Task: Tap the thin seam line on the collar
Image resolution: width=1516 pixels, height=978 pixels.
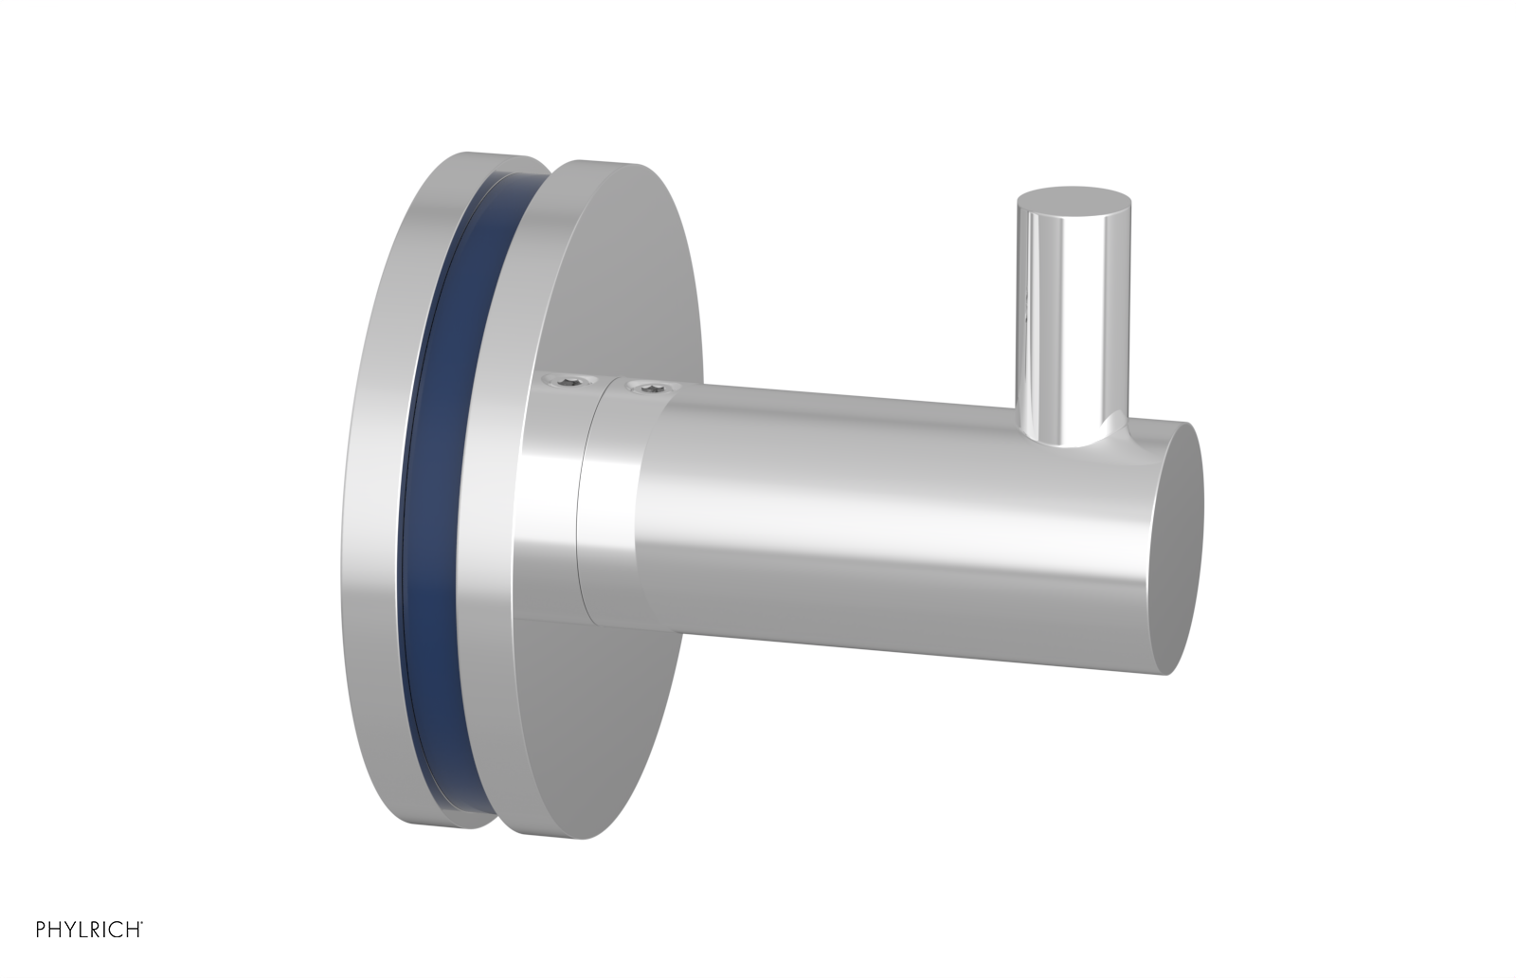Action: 585,502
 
